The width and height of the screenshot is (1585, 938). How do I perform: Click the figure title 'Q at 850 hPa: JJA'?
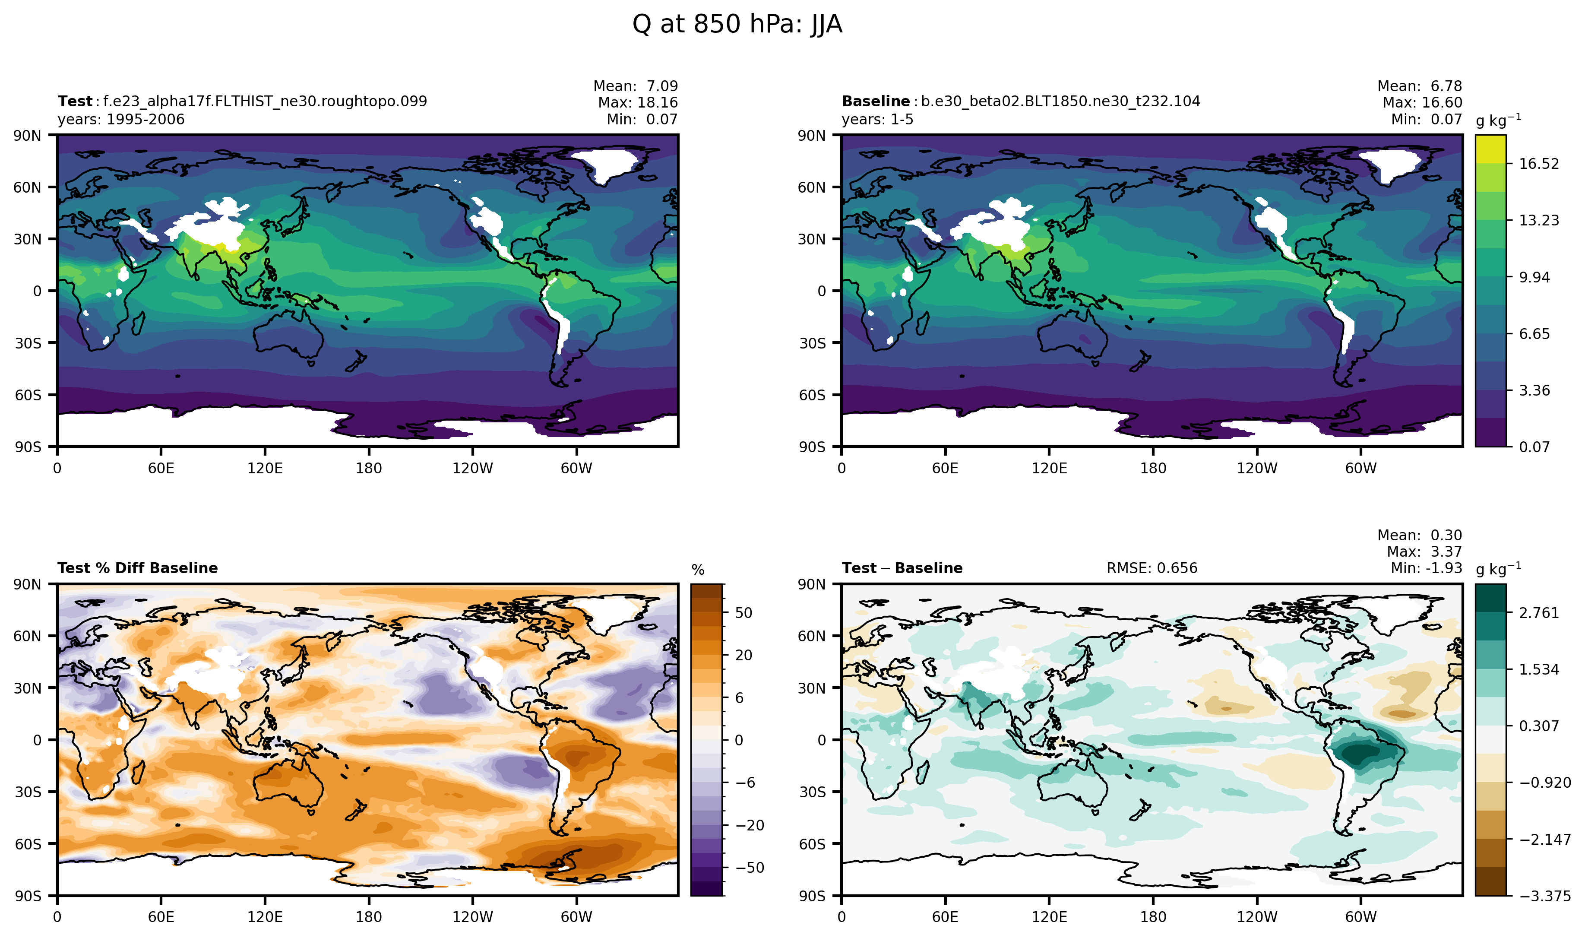737,25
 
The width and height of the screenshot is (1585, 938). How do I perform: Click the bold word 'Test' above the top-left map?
75,101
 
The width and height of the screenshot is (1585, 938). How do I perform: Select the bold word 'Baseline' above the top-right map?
875,101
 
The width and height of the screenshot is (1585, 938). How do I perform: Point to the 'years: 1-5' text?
877,120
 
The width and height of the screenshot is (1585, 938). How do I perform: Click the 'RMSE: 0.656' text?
1152,568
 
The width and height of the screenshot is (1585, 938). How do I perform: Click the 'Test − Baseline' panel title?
902,568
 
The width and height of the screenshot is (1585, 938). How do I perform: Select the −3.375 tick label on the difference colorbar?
1544,896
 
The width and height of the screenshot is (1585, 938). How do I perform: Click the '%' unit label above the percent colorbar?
697,570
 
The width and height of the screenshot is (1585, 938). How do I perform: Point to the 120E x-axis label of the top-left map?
265,469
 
